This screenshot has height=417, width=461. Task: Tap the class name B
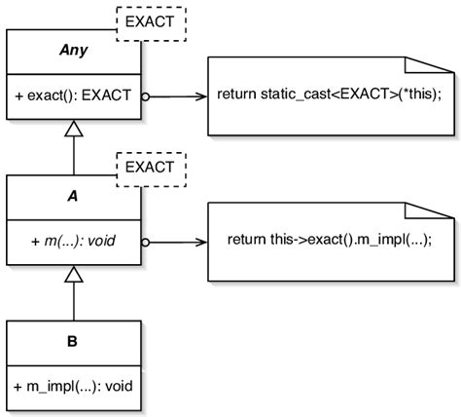pos(74,343)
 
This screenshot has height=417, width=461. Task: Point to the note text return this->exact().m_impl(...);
pos(328,239)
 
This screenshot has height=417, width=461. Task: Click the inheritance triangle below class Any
pos(74,129)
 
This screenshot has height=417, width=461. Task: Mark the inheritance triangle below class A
pos(74,277)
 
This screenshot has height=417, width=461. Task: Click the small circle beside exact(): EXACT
pos(145,96)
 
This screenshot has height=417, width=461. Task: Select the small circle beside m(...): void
pos(145,241)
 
